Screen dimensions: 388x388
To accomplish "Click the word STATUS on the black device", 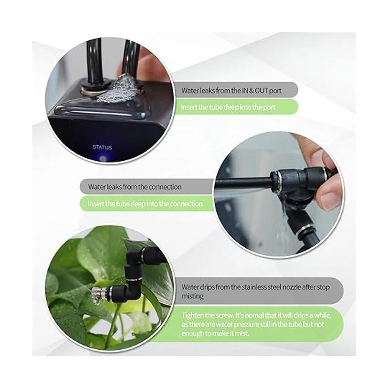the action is [102, 147].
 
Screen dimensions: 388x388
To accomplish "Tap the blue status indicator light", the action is [103, 158].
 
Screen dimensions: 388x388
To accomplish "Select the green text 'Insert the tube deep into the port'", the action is [228, 107].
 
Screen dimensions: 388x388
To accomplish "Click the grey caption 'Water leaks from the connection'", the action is [135, 187].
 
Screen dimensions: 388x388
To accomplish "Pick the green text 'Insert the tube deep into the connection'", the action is [145, 204].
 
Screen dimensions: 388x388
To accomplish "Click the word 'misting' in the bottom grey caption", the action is [192, 296].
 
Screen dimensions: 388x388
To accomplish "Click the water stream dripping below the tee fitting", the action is [286, 218].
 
